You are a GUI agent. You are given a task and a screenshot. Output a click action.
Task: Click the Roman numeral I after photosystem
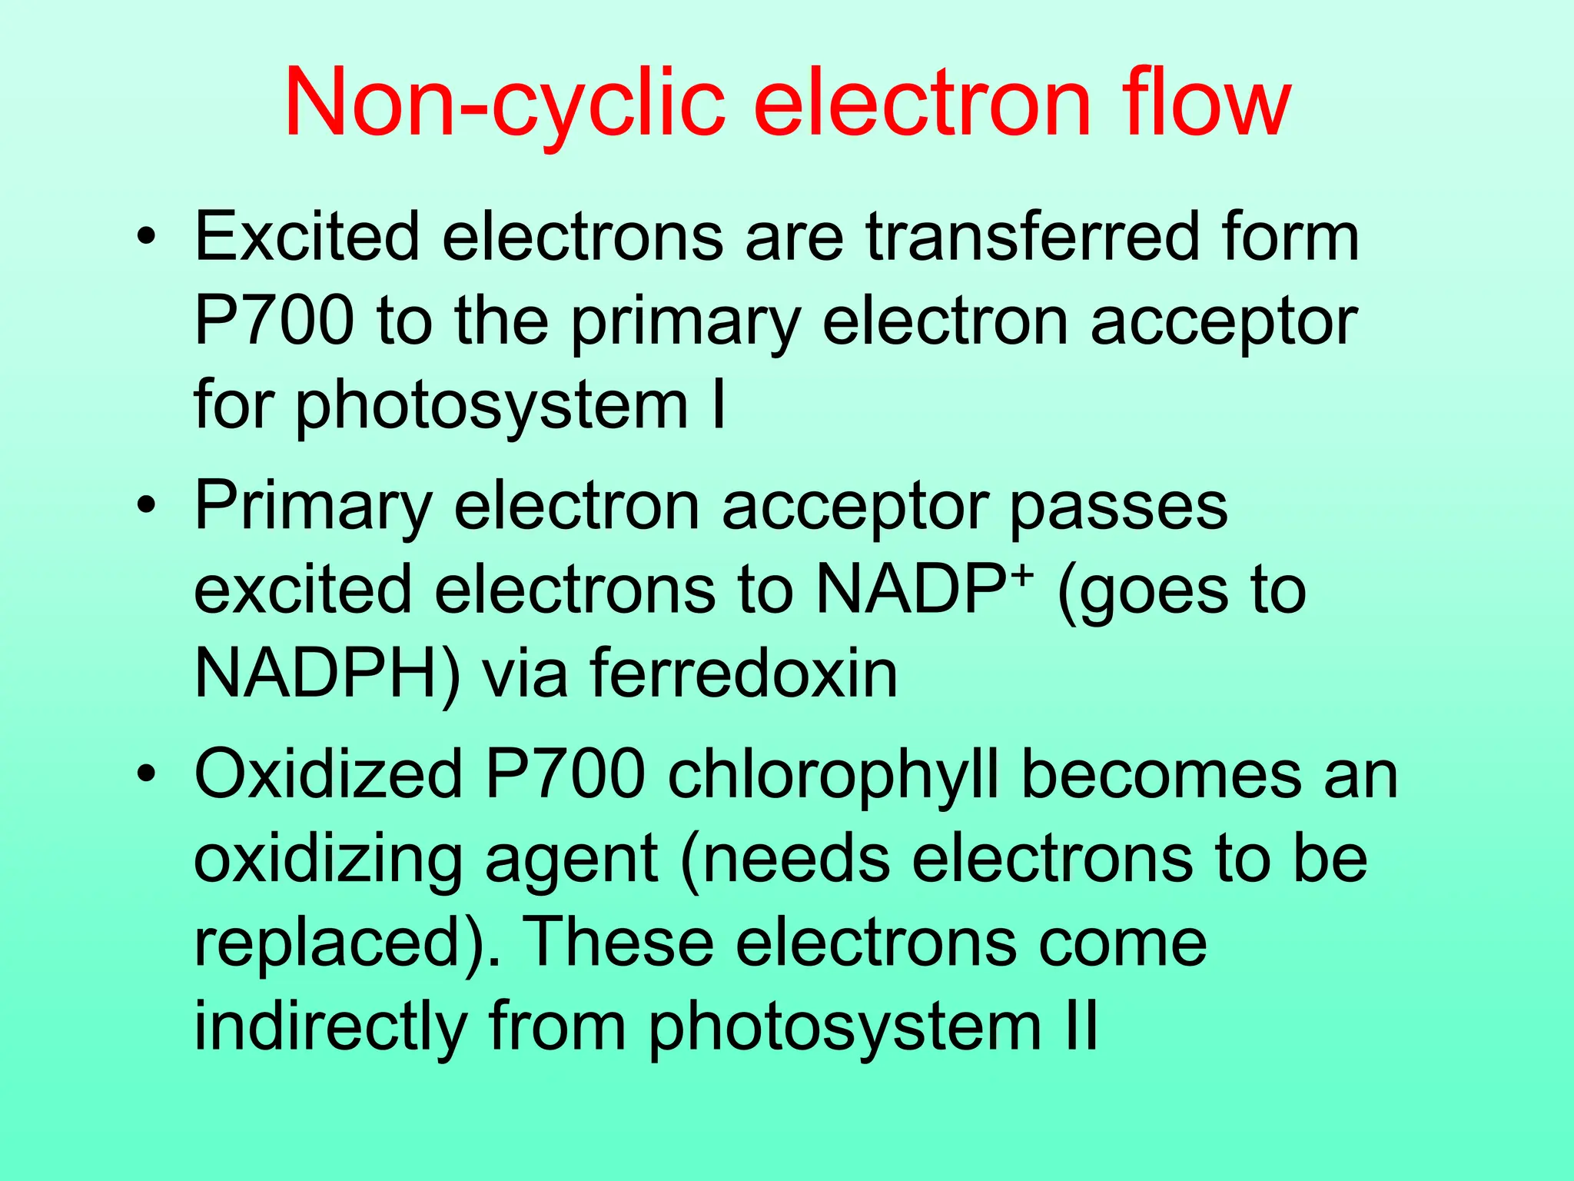coord(719,405)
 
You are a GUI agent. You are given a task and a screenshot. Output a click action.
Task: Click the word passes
coord(1118,507)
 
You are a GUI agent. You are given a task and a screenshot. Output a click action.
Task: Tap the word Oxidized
coord(328,775)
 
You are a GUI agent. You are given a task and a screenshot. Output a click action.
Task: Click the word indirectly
coord(330,1026)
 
